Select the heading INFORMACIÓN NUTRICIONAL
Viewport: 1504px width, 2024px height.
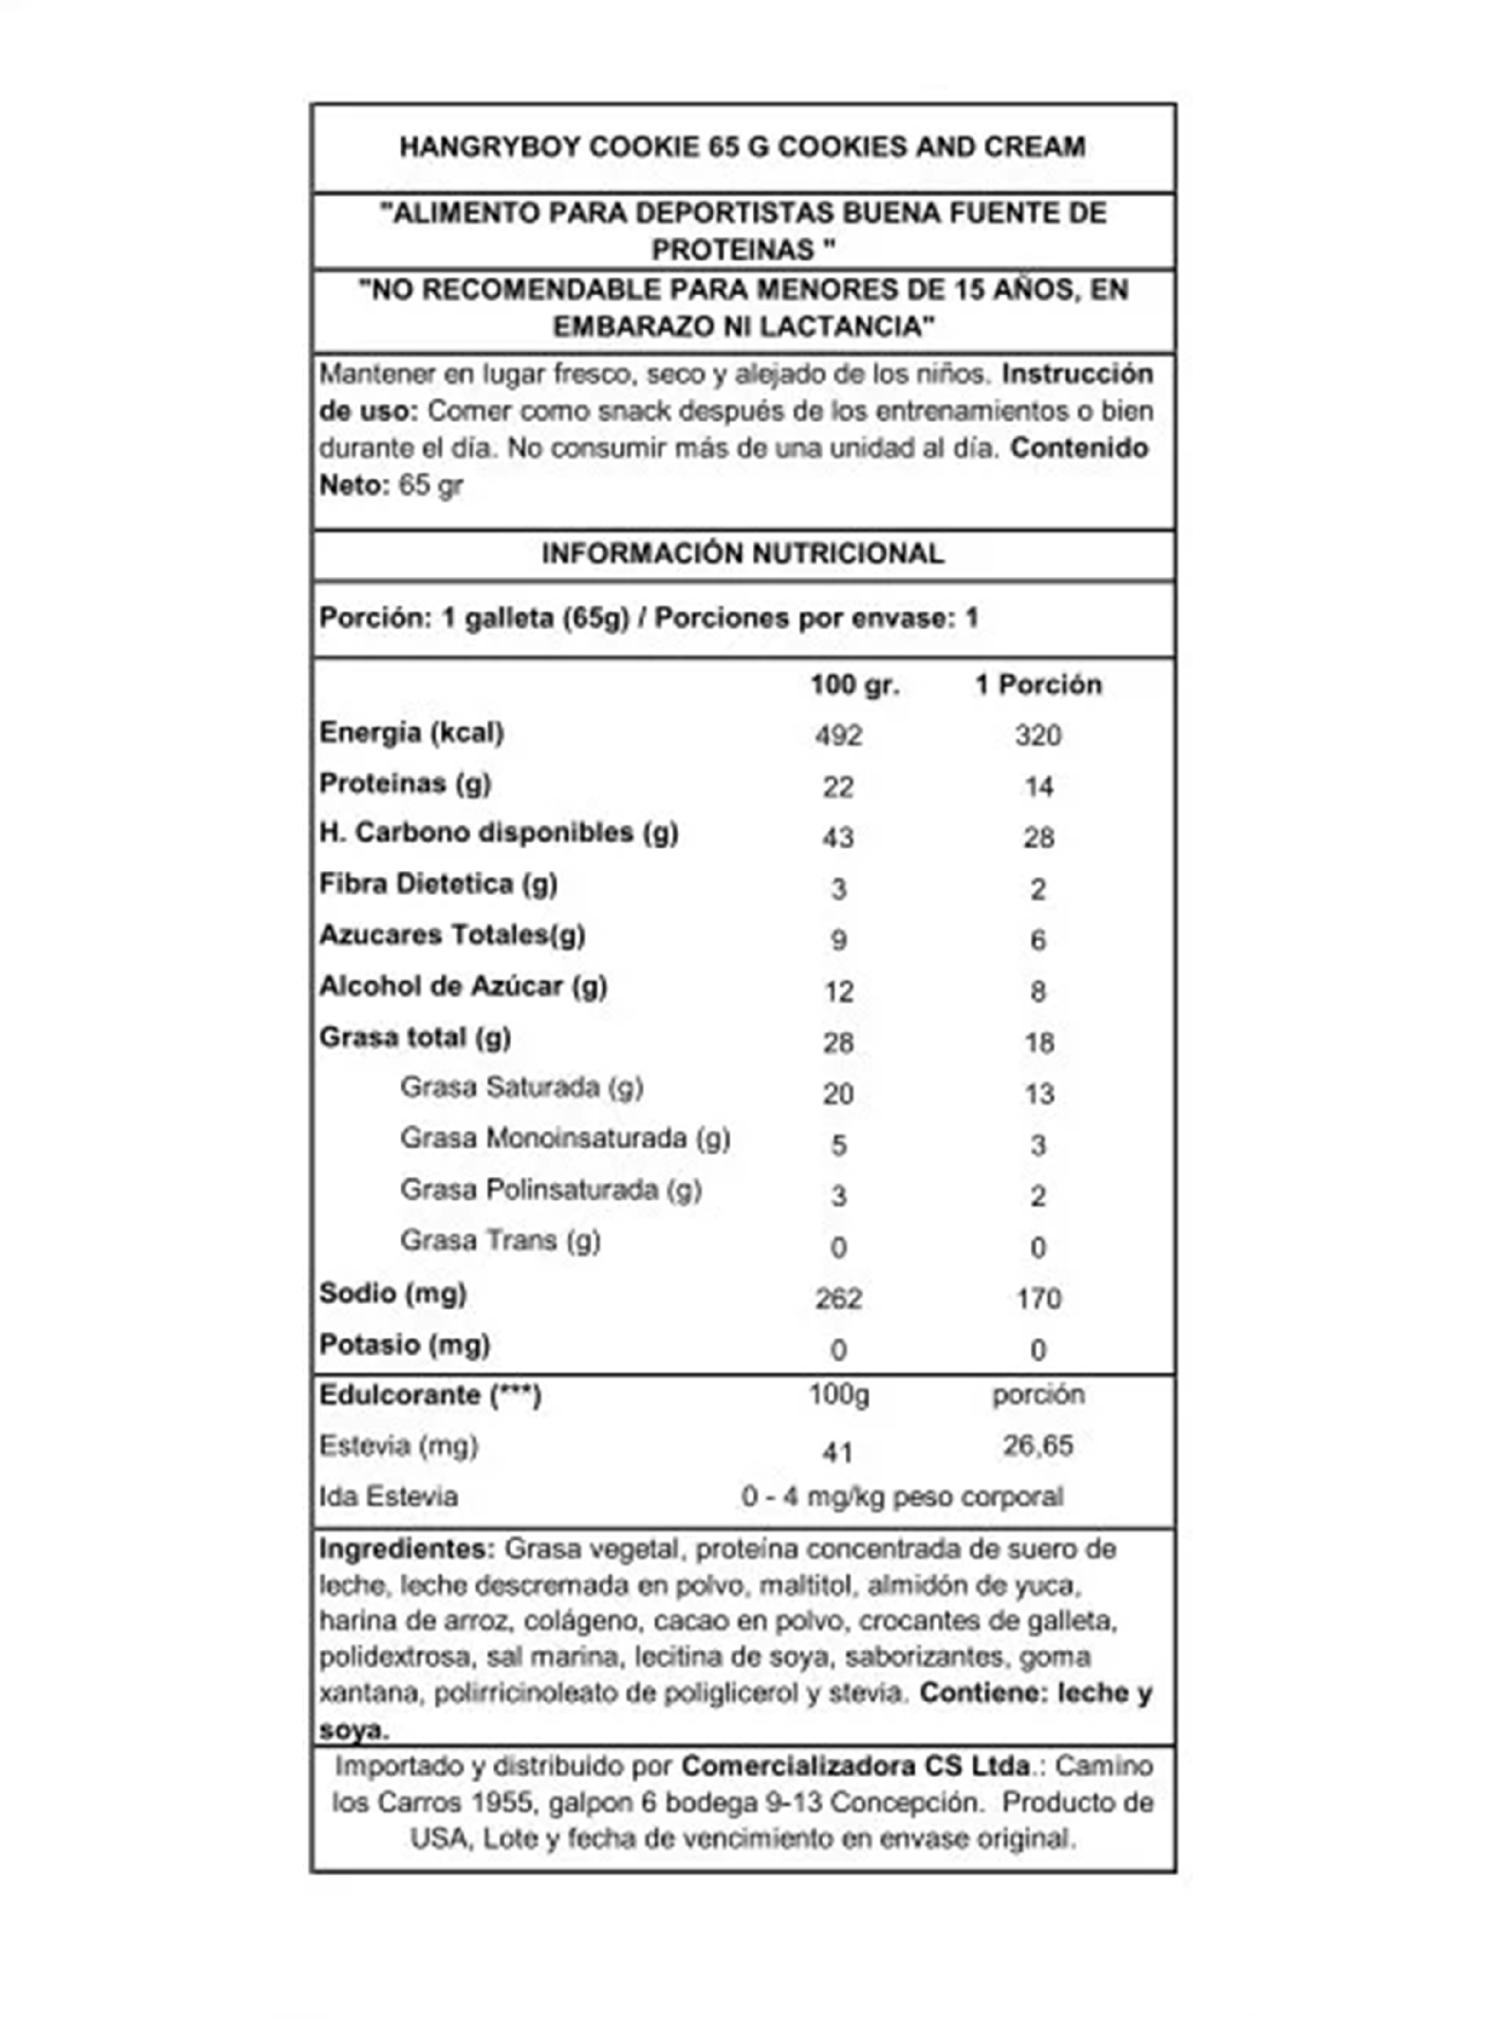click(x=742, y=553)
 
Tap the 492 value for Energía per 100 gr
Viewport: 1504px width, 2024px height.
click(x=838, y=734)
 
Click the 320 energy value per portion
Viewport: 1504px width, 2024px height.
click(x=1038, y=734)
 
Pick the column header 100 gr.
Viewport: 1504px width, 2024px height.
click(x=854, y=685)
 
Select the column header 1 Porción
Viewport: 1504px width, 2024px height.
click(x=1038, y=685)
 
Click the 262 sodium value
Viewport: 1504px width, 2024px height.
click(x=838, y=1298)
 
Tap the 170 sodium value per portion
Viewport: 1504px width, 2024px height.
click(x=1038, y=1298)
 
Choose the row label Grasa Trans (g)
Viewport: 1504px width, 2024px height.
click(x=499, y=1240)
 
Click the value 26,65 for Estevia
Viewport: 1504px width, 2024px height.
click(x=1038, y=1445)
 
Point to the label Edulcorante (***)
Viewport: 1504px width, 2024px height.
click(x=430, y=1395)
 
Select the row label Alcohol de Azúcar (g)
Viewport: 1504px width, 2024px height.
click(x=462, y=986)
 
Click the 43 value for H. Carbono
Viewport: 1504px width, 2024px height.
click(x=838, y=837)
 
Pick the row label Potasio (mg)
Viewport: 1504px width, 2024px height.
click(x=404, y=1345)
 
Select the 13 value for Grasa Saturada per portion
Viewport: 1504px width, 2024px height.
click(x=1038, y=1093)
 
